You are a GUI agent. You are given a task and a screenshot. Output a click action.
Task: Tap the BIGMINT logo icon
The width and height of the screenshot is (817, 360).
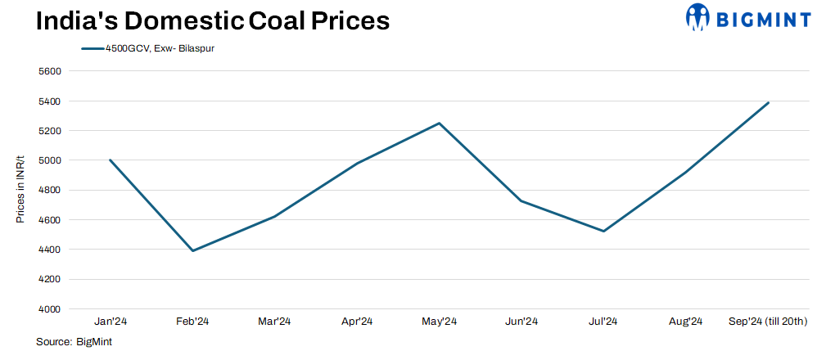(697, 18)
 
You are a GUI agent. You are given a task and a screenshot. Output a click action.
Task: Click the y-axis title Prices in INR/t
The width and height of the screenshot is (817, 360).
(20, 190)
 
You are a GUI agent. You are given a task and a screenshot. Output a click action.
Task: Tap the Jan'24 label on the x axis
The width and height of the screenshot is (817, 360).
(110, 321)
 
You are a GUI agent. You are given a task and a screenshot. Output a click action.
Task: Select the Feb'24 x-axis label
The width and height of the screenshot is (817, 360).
(192, 321)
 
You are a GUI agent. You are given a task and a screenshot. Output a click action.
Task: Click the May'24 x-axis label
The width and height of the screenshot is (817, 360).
(440, 321)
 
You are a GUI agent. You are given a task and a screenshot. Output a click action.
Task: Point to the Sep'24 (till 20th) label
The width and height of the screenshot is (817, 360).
(768, 321)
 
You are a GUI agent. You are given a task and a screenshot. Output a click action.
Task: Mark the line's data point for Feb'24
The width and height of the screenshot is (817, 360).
(192, 250)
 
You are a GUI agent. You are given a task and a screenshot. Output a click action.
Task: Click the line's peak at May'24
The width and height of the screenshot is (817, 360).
(440, 124)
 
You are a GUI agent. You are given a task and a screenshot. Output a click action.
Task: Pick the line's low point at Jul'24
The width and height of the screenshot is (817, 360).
(604, 232)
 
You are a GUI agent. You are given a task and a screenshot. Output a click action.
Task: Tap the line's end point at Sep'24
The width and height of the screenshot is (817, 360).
(769, 102)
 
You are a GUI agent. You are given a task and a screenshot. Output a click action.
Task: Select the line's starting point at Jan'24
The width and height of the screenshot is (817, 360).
(110, 160)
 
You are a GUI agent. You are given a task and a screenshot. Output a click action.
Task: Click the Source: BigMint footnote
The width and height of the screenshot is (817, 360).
(74, 342)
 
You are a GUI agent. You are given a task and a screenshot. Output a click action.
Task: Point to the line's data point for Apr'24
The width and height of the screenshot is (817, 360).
(357, 164)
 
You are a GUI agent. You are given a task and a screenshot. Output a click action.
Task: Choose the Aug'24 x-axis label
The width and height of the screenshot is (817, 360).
(686, 321)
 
